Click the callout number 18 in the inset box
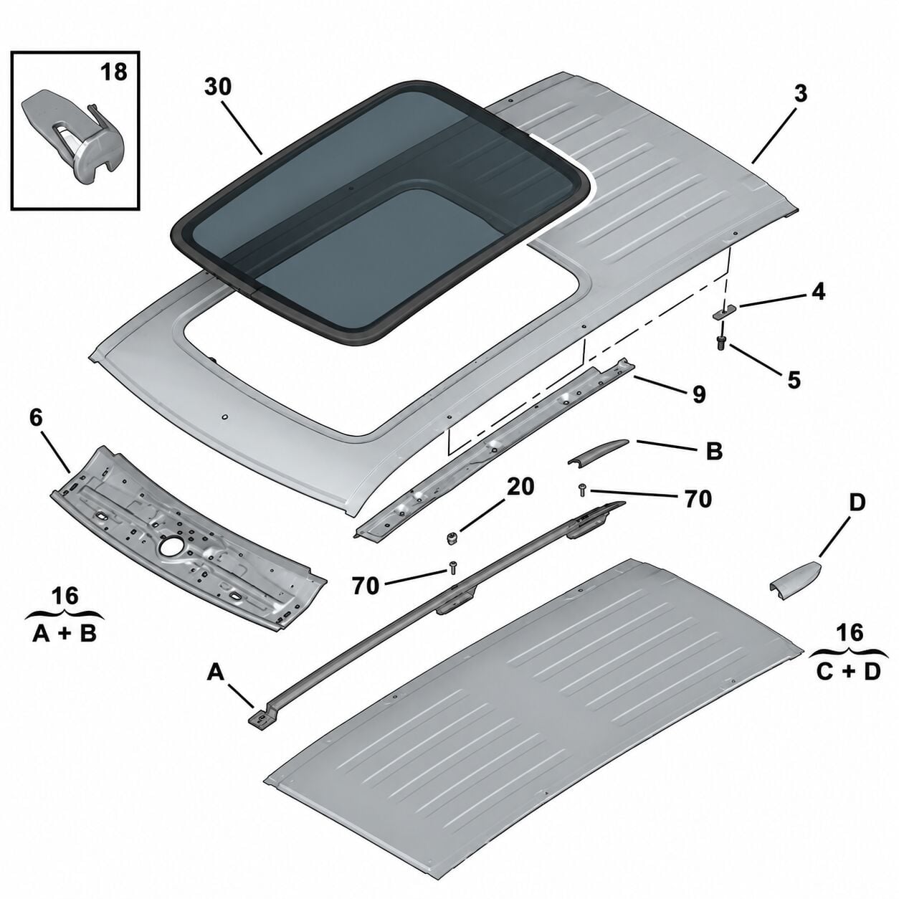pos(113,72)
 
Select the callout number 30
pos(218,87)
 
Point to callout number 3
pos(801,94)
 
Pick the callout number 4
pos(818,292)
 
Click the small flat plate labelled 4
pos(725,312)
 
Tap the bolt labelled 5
pos(721,343)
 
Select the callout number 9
pos(698,394)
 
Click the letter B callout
pos(714,451)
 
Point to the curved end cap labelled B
pos(598,452)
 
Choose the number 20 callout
pos(520,487)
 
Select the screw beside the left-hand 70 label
pos(453,567)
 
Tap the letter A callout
pos(215,672)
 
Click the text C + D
pos(848,671)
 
